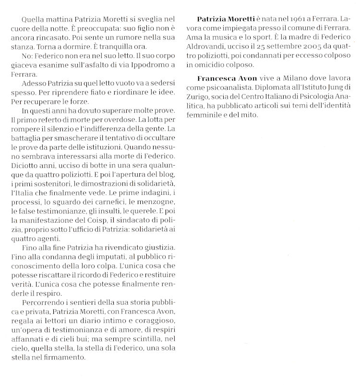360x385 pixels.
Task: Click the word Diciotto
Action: pyautogui.click(x=24, y=166)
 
